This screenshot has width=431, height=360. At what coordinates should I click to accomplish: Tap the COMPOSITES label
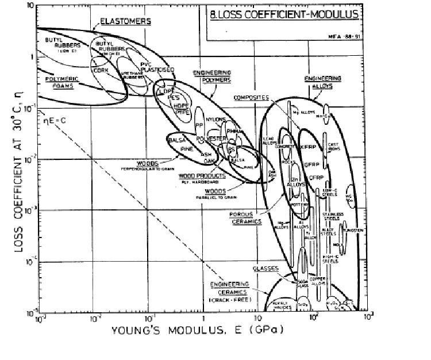pos(251,98)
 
